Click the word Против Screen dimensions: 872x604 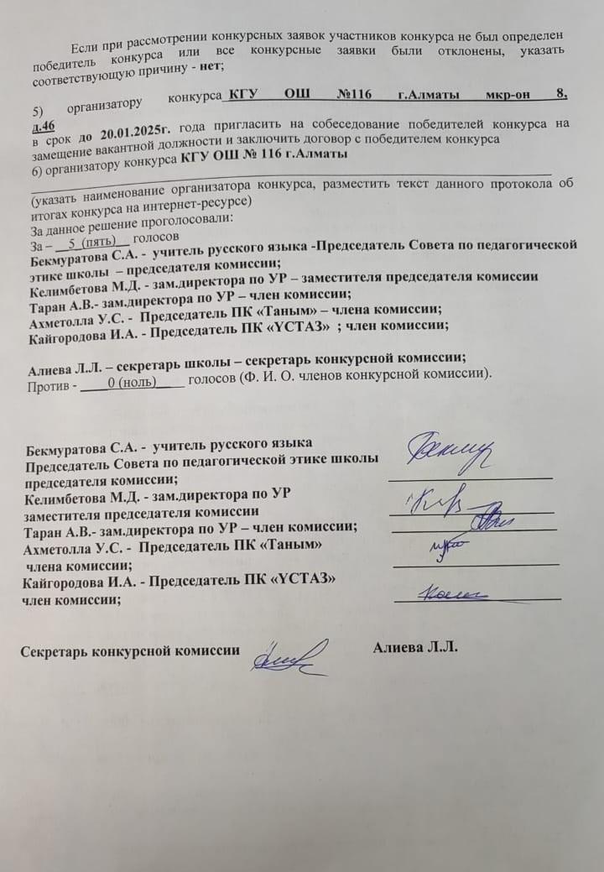(x=49, y=387)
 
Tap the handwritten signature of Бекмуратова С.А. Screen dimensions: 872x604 (x=450, y=454)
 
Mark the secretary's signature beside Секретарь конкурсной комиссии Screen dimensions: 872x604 (x=289, y=653)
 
